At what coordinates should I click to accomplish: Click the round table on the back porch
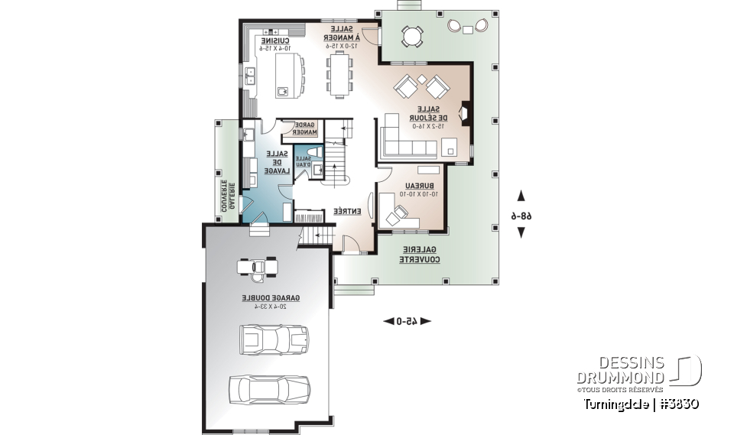pos(412,35)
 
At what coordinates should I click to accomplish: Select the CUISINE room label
pos(276,39)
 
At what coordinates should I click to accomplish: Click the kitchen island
pos(284,76)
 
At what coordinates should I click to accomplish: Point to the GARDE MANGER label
pos(305,128)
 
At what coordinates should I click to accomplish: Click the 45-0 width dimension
pos(408,321)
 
